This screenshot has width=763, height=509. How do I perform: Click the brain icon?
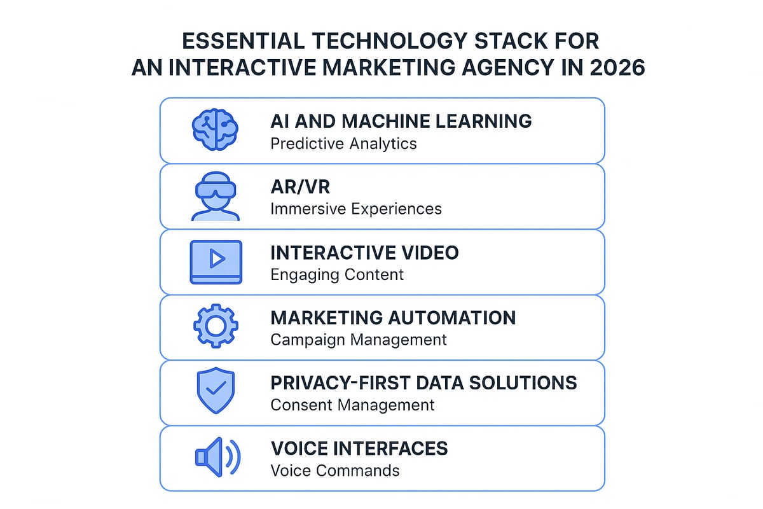click(215, 129)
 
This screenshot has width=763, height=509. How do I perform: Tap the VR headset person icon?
click(216, 195)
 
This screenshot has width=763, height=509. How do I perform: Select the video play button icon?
click(216, 261)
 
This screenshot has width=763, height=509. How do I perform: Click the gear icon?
click(216, 326)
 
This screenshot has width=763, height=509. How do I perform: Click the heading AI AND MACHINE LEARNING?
click(401, 121)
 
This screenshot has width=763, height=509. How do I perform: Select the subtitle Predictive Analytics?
click(343, 143)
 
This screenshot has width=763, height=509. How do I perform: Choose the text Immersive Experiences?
click(356, 209)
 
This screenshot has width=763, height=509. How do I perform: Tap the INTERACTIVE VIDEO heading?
click(364, 253)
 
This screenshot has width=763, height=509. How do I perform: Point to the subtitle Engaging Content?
click(337, 274)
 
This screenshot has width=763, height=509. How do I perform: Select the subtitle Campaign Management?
click(359, 340)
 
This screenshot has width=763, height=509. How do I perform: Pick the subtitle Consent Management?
click(352, 405)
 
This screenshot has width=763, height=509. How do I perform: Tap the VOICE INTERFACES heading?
click(359, 449)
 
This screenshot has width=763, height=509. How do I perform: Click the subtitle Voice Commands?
click(335, 471)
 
